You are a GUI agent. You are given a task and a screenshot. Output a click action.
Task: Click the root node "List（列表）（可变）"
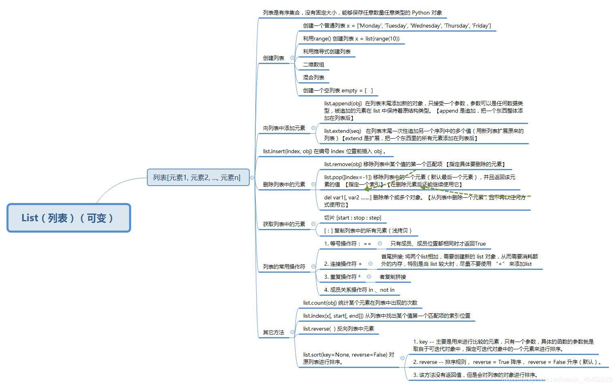(69, 218)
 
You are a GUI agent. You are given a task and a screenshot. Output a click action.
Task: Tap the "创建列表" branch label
(274, 58)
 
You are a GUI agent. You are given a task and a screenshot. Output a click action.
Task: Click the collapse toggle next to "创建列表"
(292, 58)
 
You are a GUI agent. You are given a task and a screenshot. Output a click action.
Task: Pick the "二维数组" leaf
(314, 64)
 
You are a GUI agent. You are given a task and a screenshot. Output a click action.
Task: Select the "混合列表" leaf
(314, 77)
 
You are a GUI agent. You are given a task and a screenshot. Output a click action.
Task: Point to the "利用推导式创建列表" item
(327, 51)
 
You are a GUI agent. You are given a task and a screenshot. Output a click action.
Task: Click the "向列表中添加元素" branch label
(284, 128)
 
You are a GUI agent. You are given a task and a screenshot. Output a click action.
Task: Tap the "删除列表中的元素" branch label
(284, 184)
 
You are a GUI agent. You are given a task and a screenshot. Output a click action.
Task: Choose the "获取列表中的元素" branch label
(284, 224)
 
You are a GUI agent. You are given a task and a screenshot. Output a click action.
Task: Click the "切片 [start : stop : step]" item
(353, 218)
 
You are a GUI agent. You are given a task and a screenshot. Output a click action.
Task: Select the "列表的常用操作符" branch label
(284, 267)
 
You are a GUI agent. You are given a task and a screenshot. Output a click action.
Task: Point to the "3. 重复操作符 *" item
(342, 277)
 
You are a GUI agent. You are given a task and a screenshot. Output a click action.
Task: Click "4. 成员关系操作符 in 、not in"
(359, 290)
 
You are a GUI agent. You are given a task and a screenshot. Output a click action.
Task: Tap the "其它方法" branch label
(274, 332)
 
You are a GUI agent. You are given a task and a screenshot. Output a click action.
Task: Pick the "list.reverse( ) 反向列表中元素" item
(338, 329)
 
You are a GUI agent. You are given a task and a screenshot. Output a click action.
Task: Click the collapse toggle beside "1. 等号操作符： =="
(380, 244)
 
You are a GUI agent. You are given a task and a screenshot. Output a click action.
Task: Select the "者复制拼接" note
(393, 277)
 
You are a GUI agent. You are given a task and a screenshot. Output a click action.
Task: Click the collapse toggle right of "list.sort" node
(402, 358)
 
